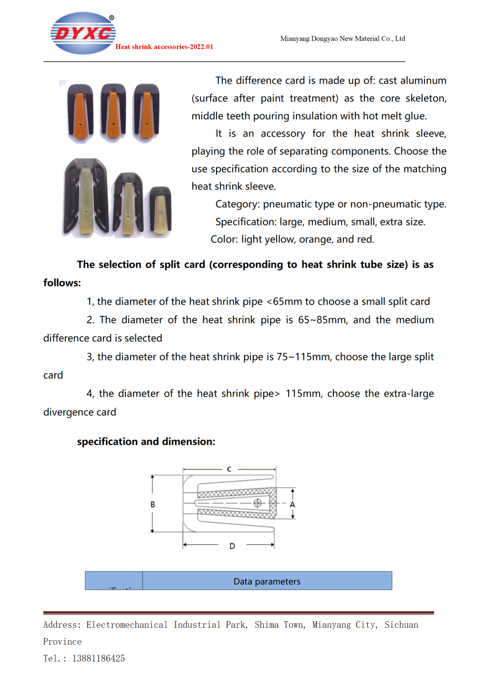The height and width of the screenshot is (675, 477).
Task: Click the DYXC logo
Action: click(83, 33)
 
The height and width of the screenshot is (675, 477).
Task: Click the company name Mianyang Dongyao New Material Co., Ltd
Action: click(342, 39)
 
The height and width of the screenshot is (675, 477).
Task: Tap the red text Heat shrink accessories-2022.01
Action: click(164, 47)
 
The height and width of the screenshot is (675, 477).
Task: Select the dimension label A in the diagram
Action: click(292, 505)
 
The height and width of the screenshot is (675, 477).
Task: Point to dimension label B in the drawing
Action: click(153, 505)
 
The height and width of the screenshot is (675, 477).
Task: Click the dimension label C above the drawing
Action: click(229, 469)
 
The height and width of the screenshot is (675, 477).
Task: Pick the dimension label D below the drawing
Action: click(232, 546)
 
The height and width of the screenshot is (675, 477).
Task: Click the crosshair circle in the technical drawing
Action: click(258, 503)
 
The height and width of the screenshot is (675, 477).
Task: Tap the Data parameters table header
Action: click(267, 581)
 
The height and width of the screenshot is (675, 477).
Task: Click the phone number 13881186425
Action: click(98, 659)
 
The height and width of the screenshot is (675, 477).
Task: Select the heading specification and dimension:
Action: click(146, 442)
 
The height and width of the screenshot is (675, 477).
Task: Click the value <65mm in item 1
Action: click(284, 302)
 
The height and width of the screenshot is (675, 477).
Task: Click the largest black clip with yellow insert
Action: click(86, 197)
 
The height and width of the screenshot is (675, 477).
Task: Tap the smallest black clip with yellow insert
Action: click(161, 211)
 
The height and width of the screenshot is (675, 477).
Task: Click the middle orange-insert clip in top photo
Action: click(113, 113)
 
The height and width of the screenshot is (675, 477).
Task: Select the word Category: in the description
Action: click(238, 204)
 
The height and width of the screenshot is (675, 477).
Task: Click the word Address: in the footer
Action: click(62, 625)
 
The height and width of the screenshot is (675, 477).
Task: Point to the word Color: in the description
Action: click(224, 240)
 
